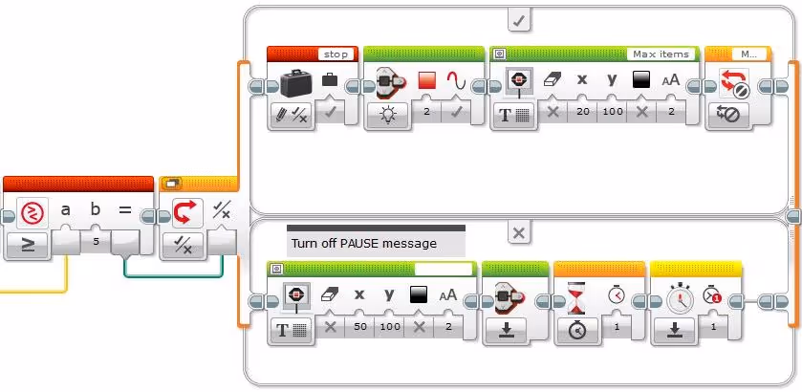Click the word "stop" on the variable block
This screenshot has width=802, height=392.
click(x=336, y=54)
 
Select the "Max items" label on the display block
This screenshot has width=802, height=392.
click(x=661, y=54)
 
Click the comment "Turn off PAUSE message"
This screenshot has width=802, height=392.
click(x=364, y=243)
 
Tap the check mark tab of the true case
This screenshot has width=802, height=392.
click(x=518, y=18)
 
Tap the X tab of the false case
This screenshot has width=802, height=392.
click(x=517, y=232)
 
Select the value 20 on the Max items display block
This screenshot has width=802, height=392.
click(x=581, y=112)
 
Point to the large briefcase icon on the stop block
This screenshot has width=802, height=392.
click(x=296, y=83)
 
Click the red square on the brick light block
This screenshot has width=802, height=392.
click(x=426, y=81)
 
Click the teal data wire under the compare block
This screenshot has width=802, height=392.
click(x=172, y=274)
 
